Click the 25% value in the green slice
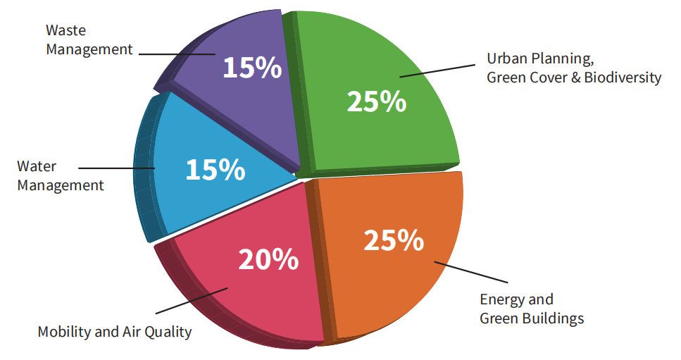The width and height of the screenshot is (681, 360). coord(377,101)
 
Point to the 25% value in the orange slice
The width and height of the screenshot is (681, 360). coord(394,240)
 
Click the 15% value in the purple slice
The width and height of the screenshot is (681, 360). coord(252,68)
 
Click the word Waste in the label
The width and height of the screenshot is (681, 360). coord(65,30)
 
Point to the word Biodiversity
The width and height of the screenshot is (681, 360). coord(622,77)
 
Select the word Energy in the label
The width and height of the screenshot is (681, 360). coord(501,299)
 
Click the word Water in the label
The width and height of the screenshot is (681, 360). coord(37,167)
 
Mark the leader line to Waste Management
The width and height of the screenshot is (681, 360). coord(176,53)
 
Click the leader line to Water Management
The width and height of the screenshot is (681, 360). coord(116,168)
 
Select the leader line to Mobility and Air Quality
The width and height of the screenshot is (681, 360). coord(190,301)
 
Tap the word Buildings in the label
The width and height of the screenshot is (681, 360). coord(554,318)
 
